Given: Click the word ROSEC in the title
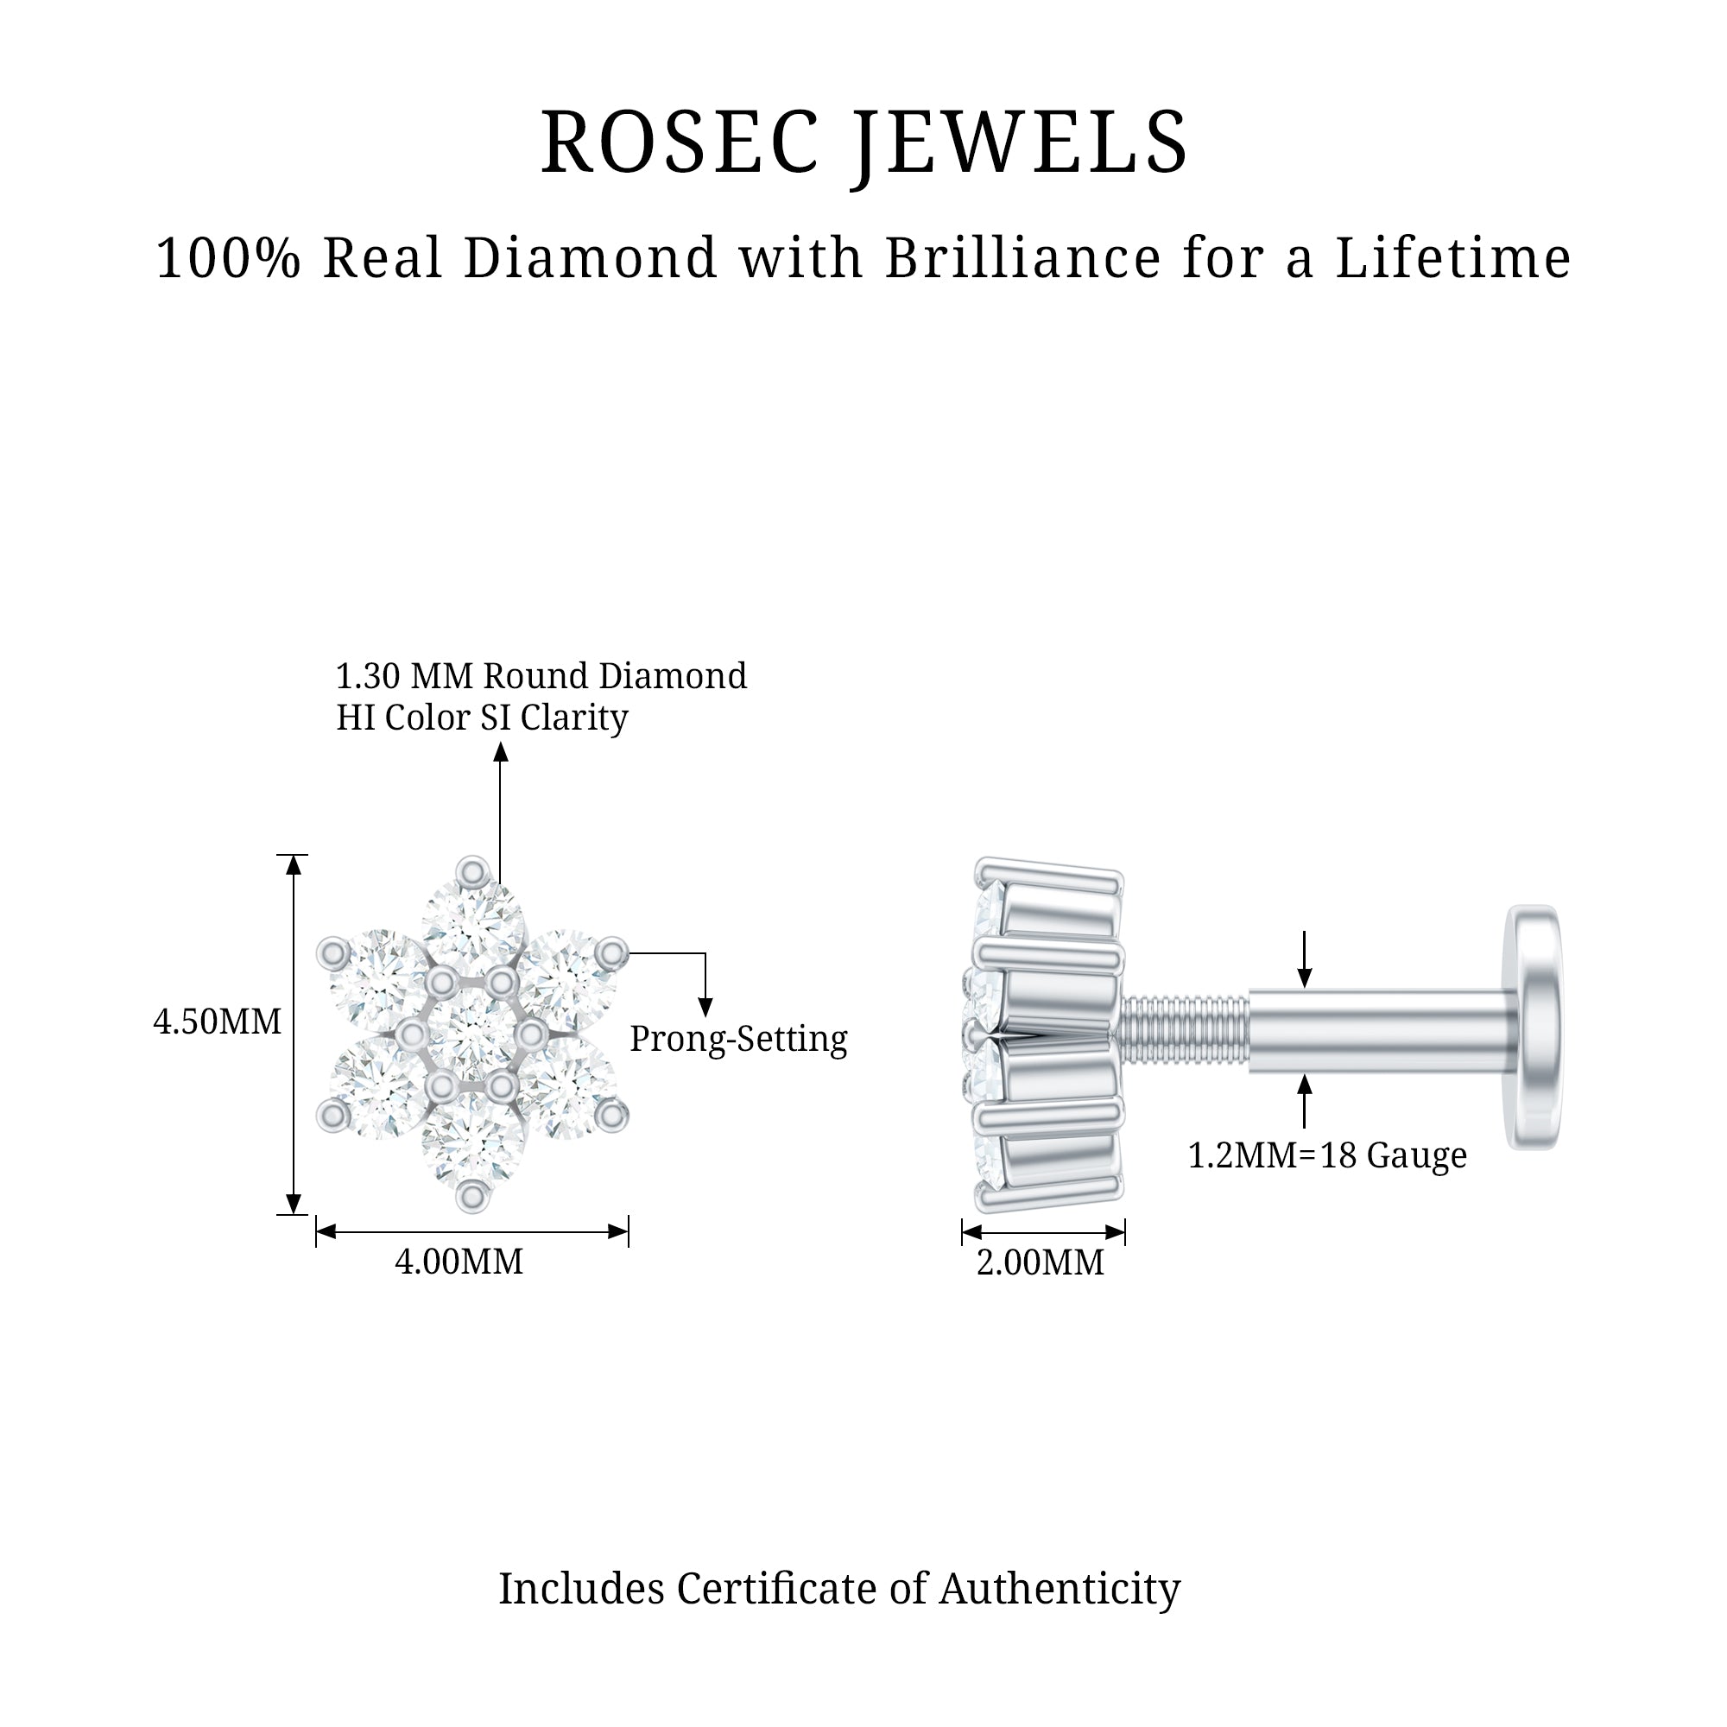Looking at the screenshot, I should pyautogui.click(x=680, y=143).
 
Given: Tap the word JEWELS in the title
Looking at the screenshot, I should pyautogui.click(x=1020, y=143).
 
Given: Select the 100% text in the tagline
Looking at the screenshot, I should pyautogui.click(x=228, y=258).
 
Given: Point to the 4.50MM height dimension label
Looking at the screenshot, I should pyautogui.click(x=218, y=1022).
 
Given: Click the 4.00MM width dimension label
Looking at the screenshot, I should pyautogui.click(x=459, y=1262).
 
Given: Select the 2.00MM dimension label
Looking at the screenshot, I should pyautogui.click(x=1040, y=1263).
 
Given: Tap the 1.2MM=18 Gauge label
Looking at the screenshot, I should pyautogui.click(x=1326, y=1156).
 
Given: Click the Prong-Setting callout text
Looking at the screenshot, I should pyautogui.click(x=738, y=1039).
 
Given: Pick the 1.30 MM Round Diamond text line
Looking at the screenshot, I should pyautogui.click(x=541, y=677).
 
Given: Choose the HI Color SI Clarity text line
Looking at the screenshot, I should pyautogui.click(x=482, y=718).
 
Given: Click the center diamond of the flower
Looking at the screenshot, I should pyautogui.click(x=471, y=1035).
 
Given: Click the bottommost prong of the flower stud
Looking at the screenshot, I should pyautogui.click(x=472, y=1197).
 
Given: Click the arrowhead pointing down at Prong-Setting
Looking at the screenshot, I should pyautogui.click(x=705, y=1008).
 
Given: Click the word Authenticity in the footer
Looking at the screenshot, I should pyautogui.click(x=1060, y=1589).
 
